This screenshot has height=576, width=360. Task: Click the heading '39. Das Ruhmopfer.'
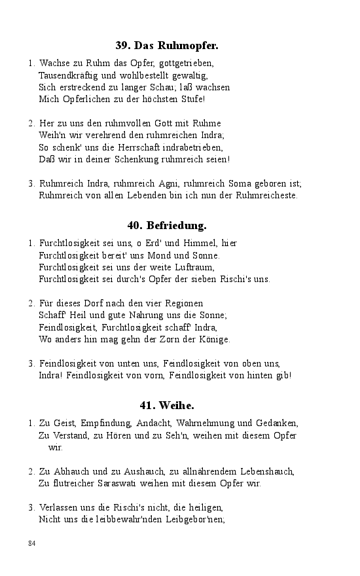coord(167,45)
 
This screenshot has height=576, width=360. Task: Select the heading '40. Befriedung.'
coord(167,225)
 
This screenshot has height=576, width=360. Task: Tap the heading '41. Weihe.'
coord(167,405)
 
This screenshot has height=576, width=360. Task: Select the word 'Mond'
coord(173,255)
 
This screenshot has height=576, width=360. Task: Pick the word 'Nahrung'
coord(131,315)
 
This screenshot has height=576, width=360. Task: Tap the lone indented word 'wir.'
coord(55,447)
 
